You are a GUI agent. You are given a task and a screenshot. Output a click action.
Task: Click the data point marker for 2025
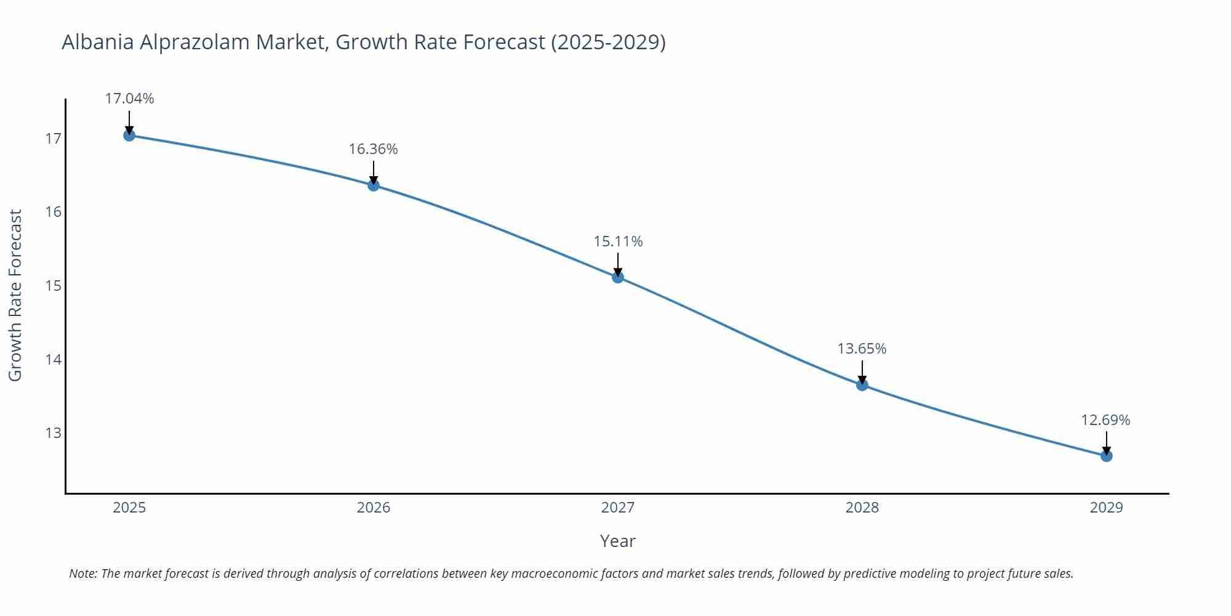click(129, 135)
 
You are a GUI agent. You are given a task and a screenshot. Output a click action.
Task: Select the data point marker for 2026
click(374, 185)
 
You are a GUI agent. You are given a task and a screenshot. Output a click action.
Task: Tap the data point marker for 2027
click(618, 277)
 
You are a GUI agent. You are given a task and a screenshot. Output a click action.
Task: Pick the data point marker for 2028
click(862, 385)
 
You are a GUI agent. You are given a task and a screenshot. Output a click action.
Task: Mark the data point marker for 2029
click(1106, 456)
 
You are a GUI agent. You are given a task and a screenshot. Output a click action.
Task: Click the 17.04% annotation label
click(129, 99)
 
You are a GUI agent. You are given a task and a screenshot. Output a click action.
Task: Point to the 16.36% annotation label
click(374, 149)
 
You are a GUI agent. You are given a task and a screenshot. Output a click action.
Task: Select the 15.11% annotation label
click(618, 241)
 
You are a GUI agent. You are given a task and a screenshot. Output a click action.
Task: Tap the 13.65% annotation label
click(862, 349)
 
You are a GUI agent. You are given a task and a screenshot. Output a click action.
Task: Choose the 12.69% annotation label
click(1105, 420)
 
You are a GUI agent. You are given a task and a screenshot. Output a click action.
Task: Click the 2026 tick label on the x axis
click(374, 508)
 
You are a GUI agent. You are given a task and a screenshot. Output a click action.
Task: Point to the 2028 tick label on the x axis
click(862, 508)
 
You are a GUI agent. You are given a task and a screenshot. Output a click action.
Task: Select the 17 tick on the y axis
click(54, 139)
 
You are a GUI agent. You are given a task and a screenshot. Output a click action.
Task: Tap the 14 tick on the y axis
click(54, 359)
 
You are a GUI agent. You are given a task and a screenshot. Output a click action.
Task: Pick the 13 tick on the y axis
click(54, 433)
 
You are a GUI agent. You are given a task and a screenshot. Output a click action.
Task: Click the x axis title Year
click(617, 541)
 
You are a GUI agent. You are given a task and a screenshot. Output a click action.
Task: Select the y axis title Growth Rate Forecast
click(15, 295)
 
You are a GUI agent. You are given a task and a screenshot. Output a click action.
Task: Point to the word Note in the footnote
click(82, 573)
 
